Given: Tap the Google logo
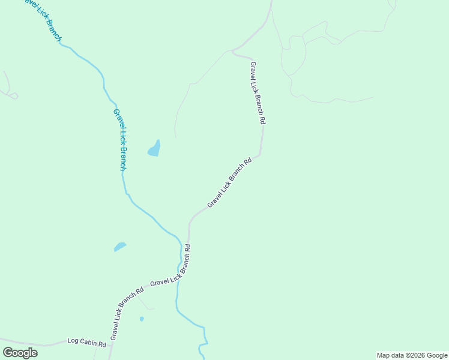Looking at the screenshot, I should pyautogui.click(x=20, y=353).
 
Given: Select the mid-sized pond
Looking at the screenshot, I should pyautogui.click(x=120, y=247).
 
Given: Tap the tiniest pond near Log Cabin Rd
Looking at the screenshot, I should pyautogui.click(x=142, y=319).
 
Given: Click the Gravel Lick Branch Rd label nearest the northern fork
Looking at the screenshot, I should pyautogui.click(x=258, y=92).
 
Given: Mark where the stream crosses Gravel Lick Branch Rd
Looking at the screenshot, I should pyautogui.click(x=179, y=278).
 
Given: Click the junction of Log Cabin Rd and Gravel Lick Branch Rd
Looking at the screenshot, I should pyautogui.click(x=111, y=344).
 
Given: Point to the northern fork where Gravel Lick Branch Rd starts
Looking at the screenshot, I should pyautogui.click(x=233, y=52).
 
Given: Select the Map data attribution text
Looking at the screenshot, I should pyautogui.click(x=412, y=355).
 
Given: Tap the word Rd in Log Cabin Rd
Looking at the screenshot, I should pyautogui.click(x=102, y=344).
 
